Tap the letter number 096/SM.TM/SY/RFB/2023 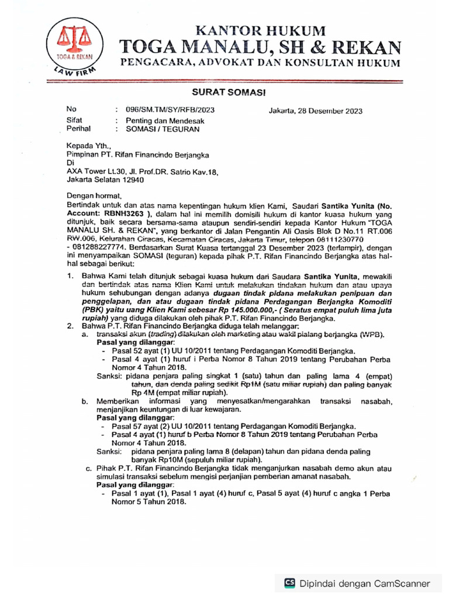click(x=166, y=109)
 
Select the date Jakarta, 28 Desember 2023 click(x=315, y=111)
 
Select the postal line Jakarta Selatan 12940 click(x=105, y=180)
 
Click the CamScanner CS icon click(x=289, y=583)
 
